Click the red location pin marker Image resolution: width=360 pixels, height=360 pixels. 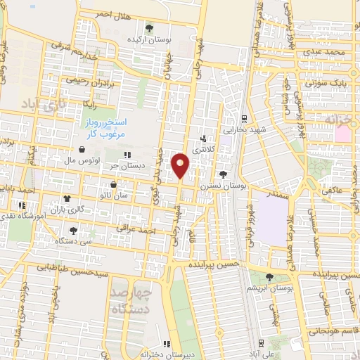coord(180,165)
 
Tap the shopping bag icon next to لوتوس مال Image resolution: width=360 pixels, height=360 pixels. coord(83,150)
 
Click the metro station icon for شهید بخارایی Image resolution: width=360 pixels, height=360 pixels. coord(243,118)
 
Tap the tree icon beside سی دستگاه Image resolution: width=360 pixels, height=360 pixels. coord(74,230)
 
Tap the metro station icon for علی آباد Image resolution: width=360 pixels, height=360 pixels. coord(262,344)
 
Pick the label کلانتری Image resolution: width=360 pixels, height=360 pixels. coord(205,149)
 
